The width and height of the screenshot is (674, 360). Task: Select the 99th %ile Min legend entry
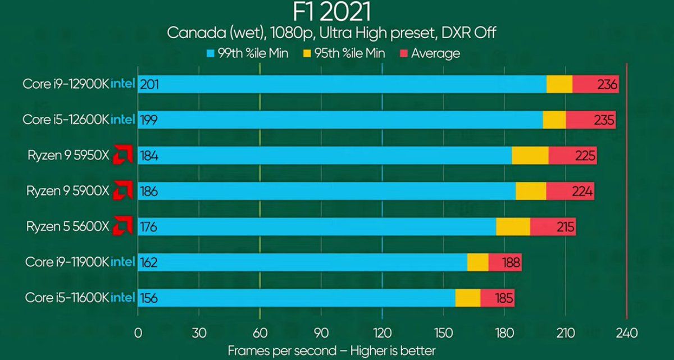pos(248,53)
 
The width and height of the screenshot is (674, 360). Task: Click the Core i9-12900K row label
pos(66,84)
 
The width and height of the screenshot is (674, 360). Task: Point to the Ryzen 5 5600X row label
pos(67,227)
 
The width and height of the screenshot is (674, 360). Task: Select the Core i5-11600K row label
pos(67,298)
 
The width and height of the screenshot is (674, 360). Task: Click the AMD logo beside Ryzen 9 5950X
pos(122,156)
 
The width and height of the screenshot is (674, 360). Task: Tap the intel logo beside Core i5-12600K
pos(122,120)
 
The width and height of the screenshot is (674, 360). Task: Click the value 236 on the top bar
pos(607,85)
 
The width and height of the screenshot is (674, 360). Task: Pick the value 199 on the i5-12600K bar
pos(149,120)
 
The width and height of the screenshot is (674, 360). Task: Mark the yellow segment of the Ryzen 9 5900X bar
pos(531,192)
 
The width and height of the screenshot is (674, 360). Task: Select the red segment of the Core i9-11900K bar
pos(505,262)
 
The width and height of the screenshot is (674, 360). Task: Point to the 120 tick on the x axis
pos(382,332)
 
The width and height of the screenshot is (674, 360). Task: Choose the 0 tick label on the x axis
pos(138,332)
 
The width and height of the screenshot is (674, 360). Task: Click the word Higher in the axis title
pos(369,350)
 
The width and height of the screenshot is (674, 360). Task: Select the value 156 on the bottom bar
pos(149,298)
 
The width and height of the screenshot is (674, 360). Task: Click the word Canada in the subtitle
pos(188,33)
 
